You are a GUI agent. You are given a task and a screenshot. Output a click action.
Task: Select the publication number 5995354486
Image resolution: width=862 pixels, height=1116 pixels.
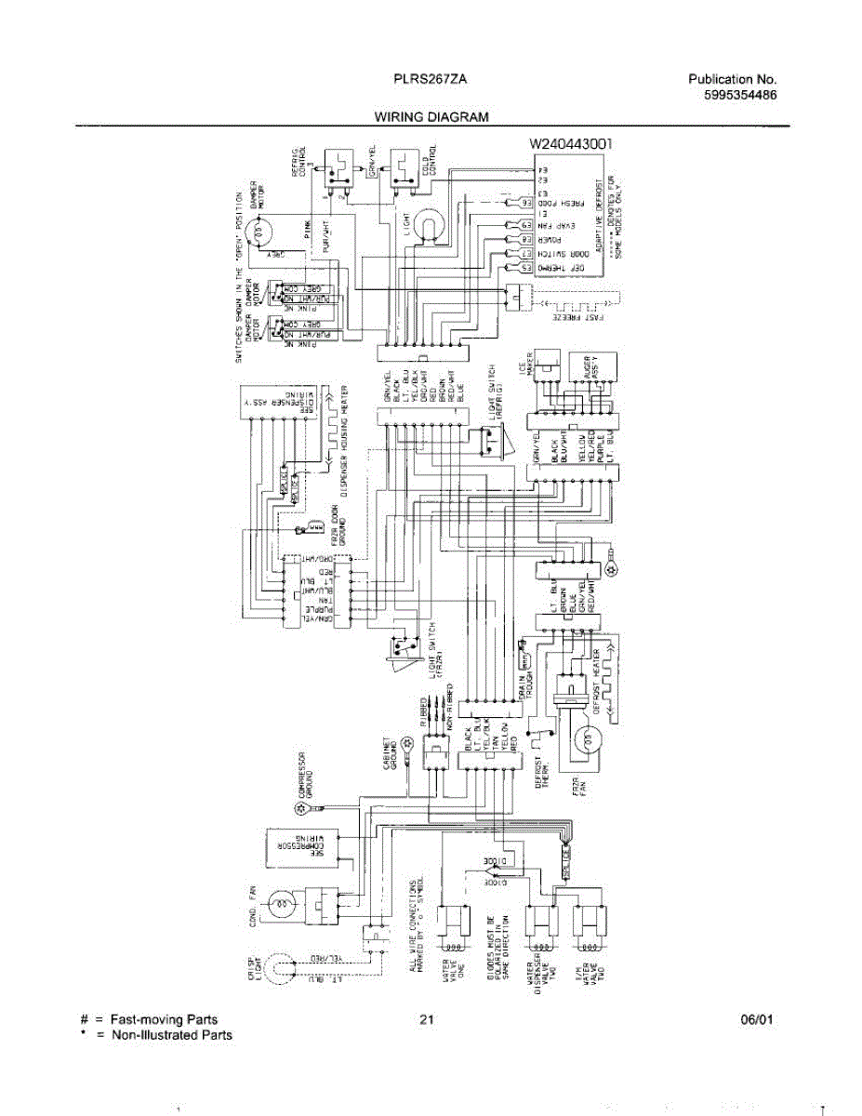pos(733,95)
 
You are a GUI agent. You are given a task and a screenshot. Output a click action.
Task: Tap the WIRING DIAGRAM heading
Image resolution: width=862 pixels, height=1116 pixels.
pos(431,118)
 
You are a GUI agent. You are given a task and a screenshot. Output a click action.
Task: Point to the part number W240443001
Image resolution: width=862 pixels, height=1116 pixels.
pos(570,144)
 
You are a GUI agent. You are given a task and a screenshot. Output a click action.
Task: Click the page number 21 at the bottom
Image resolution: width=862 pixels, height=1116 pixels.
pos(427,1020)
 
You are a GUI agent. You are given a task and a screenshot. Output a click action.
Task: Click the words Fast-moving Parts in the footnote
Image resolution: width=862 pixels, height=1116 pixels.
pos(164,1020)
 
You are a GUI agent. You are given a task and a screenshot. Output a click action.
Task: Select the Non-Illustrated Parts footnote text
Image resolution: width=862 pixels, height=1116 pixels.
pos(172,1035)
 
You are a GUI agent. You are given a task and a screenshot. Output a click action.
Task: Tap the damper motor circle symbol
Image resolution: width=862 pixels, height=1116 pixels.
pos(262,229)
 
